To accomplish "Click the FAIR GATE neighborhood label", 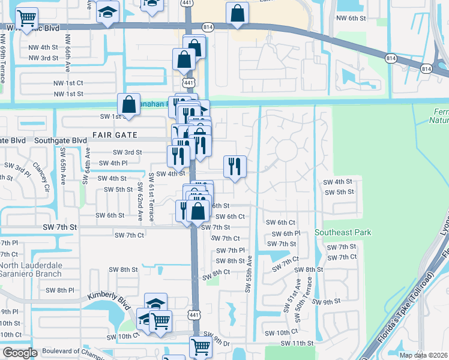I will tap(115, 135).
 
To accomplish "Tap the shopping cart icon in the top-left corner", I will tap(26, 19).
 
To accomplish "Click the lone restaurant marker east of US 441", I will tap(235, 167).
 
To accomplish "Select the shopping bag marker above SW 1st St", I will tap(129, 104).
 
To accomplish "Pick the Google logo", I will tap(20, 353).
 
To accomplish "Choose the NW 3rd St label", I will tap(43, 58).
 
